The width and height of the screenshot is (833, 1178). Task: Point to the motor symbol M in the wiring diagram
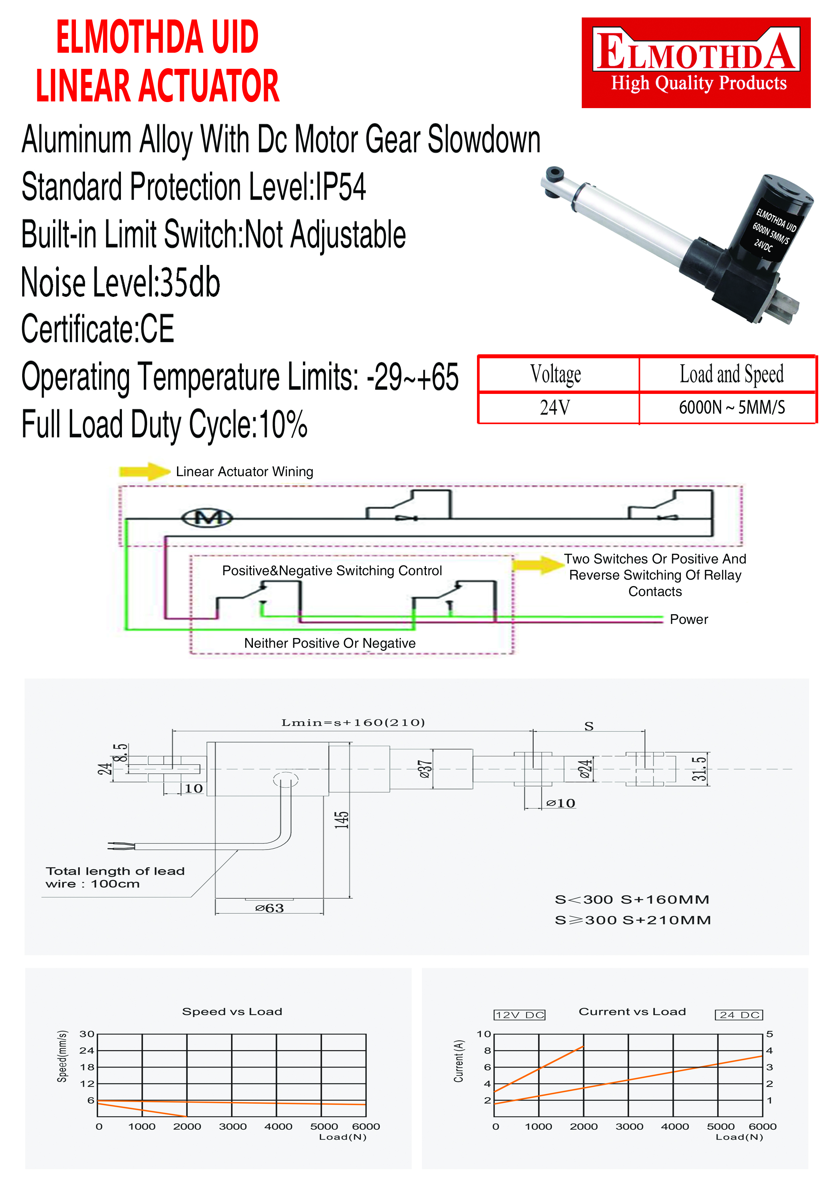(x=207, y=518)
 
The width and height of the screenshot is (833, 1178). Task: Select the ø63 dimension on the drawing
(x=269, y=908)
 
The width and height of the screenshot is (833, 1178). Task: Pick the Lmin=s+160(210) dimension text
(x=353, y=722)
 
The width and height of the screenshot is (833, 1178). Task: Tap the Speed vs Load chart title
(x=232, y=1011)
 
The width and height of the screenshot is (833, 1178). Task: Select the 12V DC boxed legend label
(x=519, y=1015)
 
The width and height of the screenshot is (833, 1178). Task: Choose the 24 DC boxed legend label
(x=739, y=1015)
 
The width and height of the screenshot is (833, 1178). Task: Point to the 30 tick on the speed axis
(x=87, y=1034)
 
